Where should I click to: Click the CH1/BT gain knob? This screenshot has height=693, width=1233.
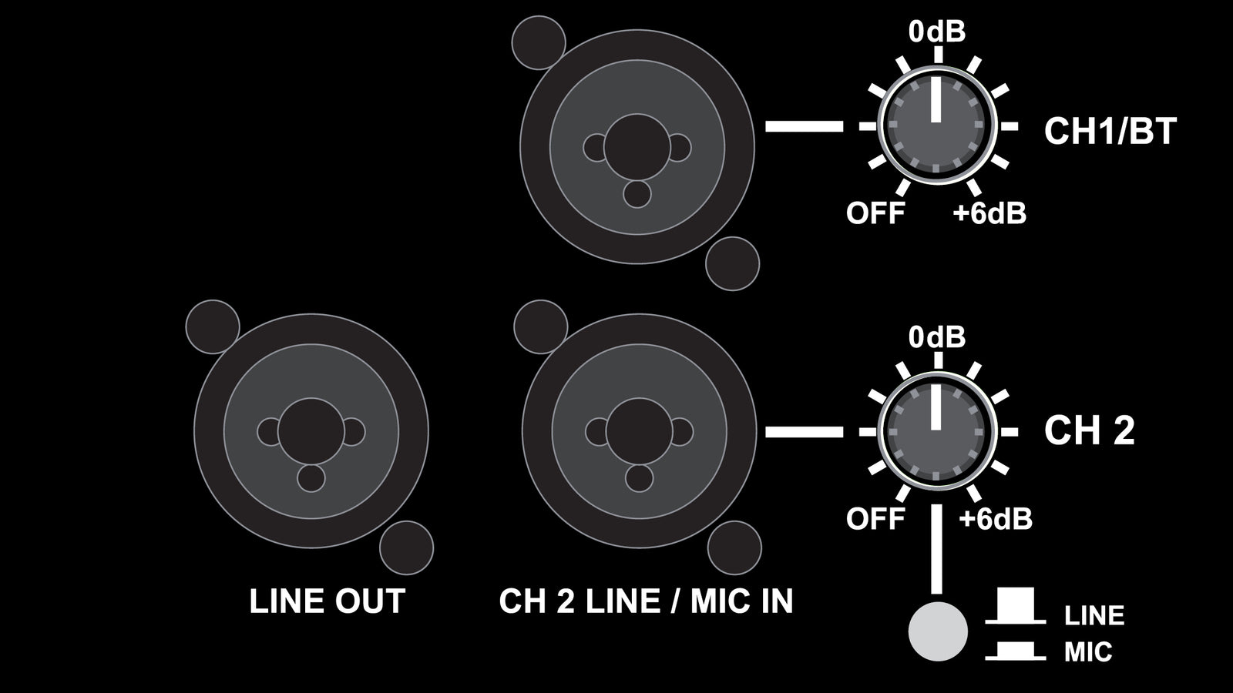pos(936,126)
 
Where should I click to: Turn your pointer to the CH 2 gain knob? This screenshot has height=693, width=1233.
pos(936,432)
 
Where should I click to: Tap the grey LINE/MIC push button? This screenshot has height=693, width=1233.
pos(938,631)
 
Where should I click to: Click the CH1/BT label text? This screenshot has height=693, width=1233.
pos(1110,131)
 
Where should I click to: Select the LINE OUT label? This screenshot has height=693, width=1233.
pos(327,601)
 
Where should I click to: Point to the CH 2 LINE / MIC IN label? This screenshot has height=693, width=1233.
pos(646,601)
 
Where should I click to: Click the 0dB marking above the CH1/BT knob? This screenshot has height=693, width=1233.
pos(936,32)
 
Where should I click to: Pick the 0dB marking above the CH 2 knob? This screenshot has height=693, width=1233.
pos(936,337)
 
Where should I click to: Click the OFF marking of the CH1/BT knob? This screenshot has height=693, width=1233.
pos(875,213)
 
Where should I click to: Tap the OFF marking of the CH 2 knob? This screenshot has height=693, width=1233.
pos(875,519)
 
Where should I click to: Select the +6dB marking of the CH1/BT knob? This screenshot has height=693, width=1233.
pos(990,213)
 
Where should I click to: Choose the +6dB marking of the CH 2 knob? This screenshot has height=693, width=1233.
pos(996,519)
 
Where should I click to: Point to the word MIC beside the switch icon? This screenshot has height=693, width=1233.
pos(1088,653)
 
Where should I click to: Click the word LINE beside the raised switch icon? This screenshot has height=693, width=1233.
pos(1094,616)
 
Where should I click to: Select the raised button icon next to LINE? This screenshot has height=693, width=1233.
pos(1015,607)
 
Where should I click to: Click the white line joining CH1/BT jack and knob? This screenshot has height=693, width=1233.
pos(804,127)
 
